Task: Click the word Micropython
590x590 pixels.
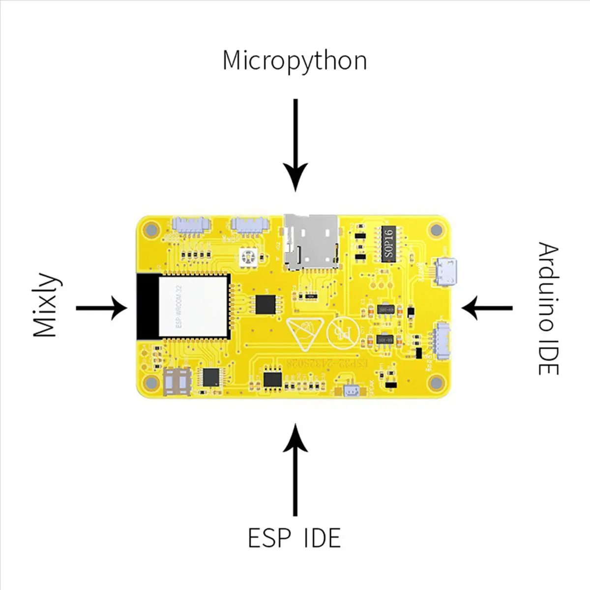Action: coord(295,61)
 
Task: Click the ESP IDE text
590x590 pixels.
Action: coord(294,538)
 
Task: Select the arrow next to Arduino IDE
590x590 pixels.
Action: coord(487,308)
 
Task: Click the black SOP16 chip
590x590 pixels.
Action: coord(389,244)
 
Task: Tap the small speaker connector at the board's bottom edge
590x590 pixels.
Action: coord(351,391)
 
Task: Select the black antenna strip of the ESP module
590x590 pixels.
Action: coord(147,306)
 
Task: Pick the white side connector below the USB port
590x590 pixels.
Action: coord(441,341)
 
